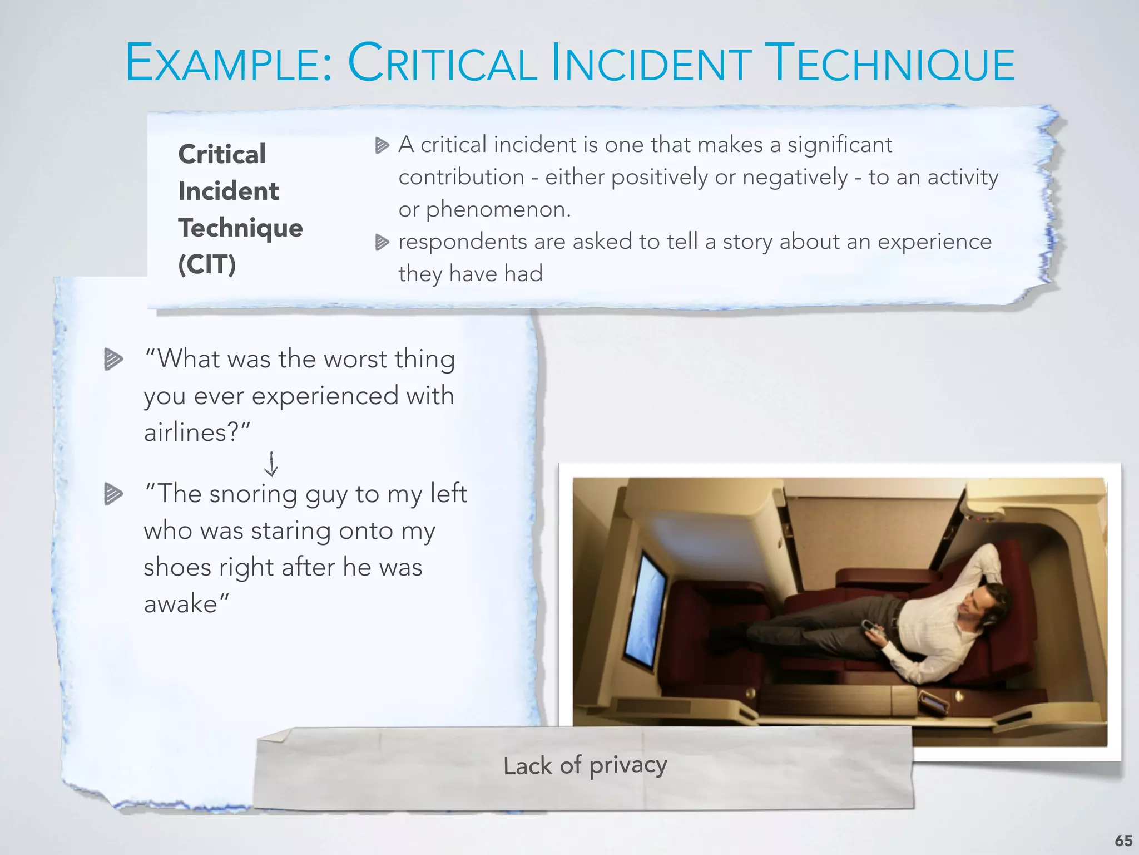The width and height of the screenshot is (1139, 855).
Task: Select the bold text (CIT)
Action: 207,264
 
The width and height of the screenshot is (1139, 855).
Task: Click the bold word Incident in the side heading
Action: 228,191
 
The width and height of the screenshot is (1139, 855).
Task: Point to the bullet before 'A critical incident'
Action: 382,146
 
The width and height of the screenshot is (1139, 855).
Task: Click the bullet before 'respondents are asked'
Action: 382,242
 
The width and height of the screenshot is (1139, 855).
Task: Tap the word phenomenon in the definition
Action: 498,210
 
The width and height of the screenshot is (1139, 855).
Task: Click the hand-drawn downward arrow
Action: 271,464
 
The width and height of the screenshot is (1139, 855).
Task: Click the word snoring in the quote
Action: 253,494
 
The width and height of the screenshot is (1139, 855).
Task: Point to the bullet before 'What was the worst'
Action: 113,359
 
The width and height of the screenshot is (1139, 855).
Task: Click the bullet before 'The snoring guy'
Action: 113,494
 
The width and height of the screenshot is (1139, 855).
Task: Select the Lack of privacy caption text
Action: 585,765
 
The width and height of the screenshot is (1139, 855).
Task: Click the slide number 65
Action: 1123,841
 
